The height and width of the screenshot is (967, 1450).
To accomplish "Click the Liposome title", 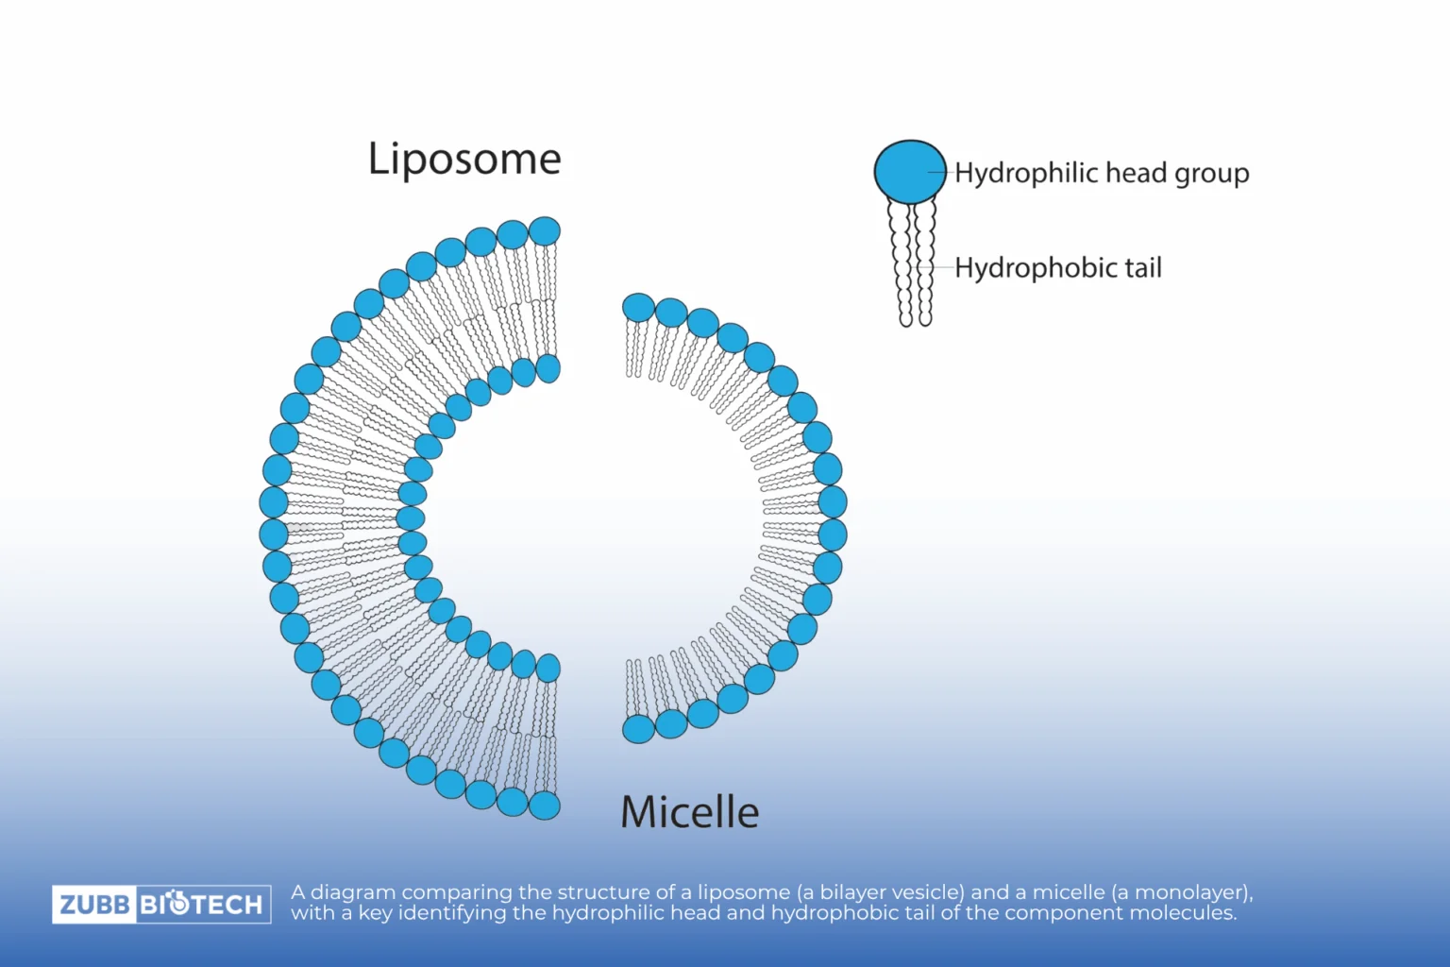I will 464,159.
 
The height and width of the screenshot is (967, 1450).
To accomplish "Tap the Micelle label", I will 689,812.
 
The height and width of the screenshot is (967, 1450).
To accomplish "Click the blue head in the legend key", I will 909,172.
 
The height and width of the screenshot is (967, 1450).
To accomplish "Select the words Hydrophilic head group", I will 1102,173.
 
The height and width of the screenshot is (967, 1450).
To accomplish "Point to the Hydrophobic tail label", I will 1057,268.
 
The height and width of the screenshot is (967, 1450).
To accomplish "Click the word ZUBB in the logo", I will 94,905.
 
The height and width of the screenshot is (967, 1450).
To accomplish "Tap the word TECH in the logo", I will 228,905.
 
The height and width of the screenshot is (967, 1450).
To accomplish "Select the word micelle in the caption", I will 1069,892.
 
